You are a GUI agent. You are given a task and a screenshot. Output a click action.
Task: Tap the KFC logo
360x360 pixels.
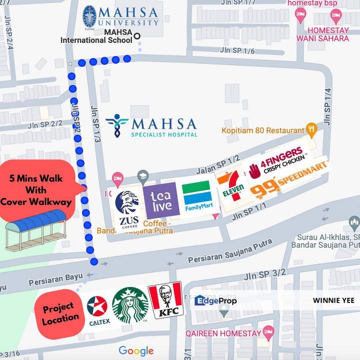tap(165, 301)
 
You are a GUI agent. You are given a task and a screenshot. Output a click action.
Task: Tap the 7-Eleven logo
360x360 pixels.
tap(230, 186)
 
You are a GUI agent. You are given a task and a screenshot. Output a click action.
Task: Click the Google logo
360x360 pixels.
tap(136, 350)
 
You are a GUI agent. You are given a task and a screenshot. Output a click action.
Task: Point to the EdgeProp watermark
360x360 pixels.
tap(215, 300)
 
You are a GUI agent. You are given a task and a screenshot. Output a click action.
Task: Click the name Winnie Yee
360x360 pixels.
tap(333, 300)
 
